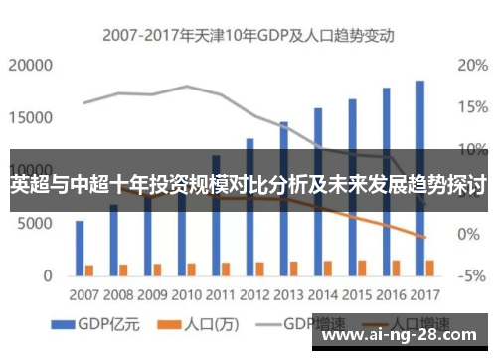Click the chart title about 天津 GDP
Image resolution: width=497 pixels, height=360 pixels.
coord(248,34)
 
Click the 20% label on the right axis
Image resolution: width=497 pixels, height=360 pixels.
coord(470,66)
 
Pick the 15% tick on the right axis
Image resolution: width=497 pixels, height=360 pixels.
coord(470,107)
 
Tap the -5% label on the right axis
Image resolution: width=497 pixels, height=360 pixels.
coord(470,275)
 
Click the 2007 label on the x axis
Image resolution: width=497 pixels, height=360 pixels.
coord(84,294)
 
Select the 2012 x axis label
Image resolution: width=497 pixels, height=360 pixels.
coord(254,294)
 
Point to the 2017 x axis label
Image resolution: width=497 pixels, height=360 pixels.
coord(424,294)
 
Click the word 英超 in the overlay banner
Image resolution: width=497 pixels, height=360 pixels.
coord(30,185)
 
